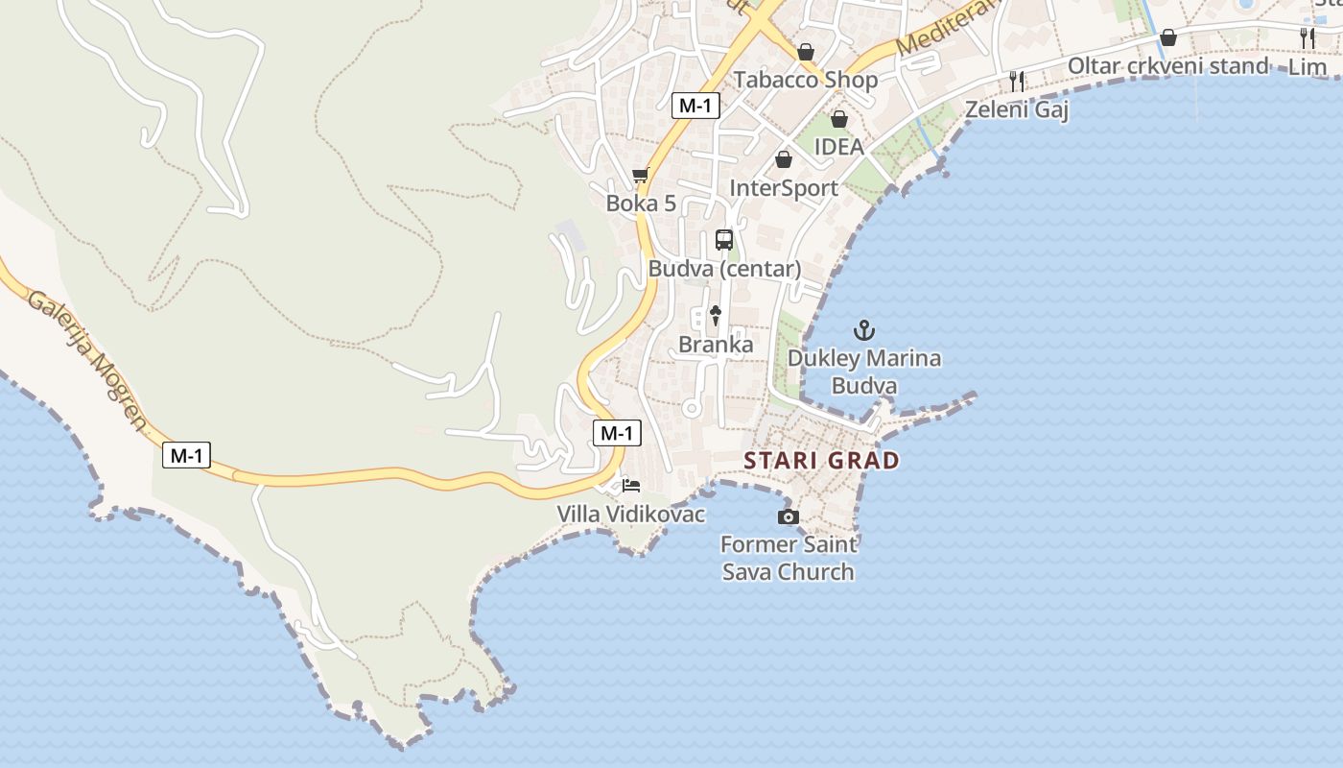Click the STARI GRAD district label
click(822, 461)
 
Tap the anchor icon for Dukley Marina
click(864, 330)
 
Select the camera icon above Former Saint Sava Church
click(788, 517)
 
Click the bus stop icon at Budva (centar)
click(724, 240)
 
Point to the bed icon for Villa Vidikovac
click(630, 486)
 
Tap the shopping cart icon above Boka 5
click(640, 176)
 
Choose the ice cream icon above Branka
click(716, 315)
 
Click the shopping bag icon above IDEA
click(839, 119)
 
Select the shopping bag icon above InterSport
click(784, 159)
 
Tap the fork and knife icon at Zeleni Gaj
click(1017, 81)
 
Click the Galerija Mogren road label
click(87, 359)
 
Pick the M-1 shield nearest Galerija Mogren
click(186, 455)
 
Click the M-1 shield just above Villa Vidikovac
click(616, 433)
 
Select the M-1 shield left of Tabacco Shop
click(695, 106)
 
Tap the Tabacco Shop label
click(806, 80)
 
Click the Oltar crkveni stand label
click(1167, 66)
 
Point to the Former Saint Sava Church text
click(788, 558)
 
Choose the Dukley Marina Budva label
click(864, 372)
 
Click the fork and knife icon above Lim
click(1308, 38)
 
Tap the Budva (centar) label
click(724, 269)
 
